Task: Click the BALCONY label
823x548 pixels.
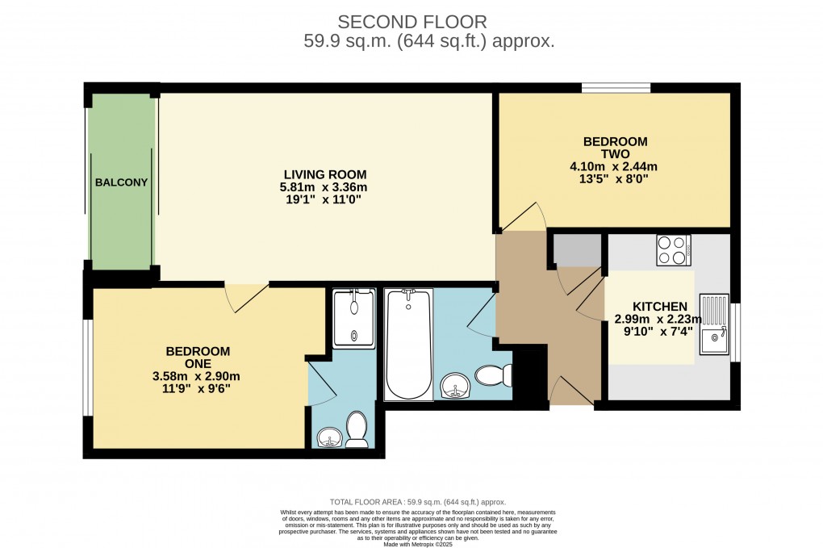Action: (x=121, y=182)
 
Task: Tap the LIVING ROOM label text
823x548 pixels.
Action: (x=324, y=174)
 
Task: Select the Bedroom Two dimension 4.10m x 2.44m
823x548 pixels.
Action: (x=614, y=167)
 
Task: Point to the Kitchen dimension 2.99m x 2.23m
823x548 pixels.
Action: (x=659, y=320)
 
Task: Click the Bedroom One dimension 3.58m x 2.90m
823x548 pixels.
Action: (x=198, y=375)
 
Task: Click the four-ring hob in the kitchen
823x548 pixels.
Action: (x=674, y=249)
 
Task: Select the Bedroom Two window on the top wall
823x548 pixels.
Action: (x=616, y=87)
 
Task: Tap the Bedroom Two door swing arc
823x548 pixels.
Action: (x=523, y=216)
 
